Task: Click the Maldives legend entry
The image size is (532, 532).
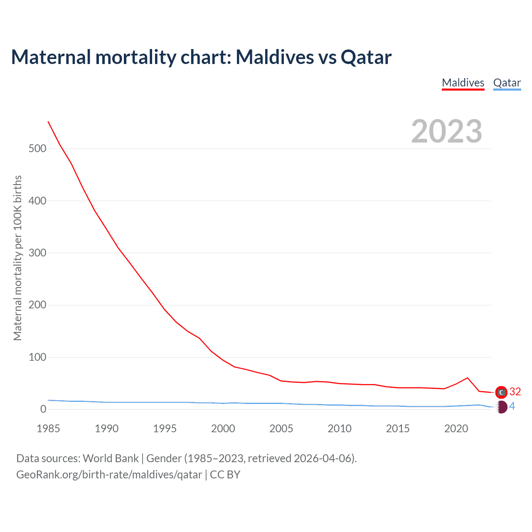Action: pyautogui.click(x=463, y=83)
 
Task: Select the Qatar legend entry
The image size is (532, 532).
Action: pyautogui.click(x=507, y=83)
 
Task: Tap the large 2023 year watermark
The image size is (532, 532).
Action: pyautogui.click(x=446, y=131)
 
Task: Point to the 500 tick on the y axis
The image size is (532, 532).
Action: pyautogui.click(x=37, y=148)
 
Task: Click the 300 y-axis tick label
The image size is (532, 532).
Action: pyautogui.click(x=37, y=253)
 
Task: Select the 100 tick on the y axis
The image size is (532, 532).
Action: pyautogui.click(x=37, y=357)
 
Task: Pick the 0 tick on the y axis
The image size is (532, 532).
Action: pyautogui.click(x=43, y=409)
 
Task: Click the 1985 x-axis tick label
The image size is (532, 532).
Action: pyautogui.click(x=48, y=429)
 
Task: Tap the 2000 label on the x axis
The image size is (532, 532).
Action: pyautogui.click(x=223, y=429)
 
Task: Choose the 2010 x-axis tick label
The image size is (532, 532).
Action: pyautogui.click(x=340, y=429)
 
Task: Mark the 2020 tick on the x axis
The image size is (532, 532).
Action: pyautogui.click(x=456, y=429)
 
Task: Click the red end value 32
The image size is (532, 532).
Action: pyautogui.click(x=515, y=392)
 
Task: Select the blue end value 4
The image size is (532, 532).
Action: pyautogui.click(x=512, y=406)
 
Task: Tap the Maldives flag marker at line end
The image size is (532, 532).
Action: pyautogui.click(x=501, y=392)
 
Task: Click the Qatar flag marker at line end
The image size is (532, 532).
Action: pyautogui.click(x=501, y=407)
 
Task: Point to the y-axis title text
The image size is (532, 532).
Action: pyautogui.click(x=17, y=258)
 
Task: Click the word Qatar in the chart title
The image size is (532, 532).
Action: pyautogui.click(x=366, y=57)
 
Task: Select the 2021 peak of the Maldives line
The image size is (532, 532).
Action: pyautogui.click(x=468, y=378)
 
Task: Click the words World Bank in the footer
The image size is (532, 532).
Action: pyautogui.click(x=111, y=458)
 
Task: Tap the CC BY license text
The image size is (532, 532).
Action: pyautogui.click(x=225, y=475)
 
